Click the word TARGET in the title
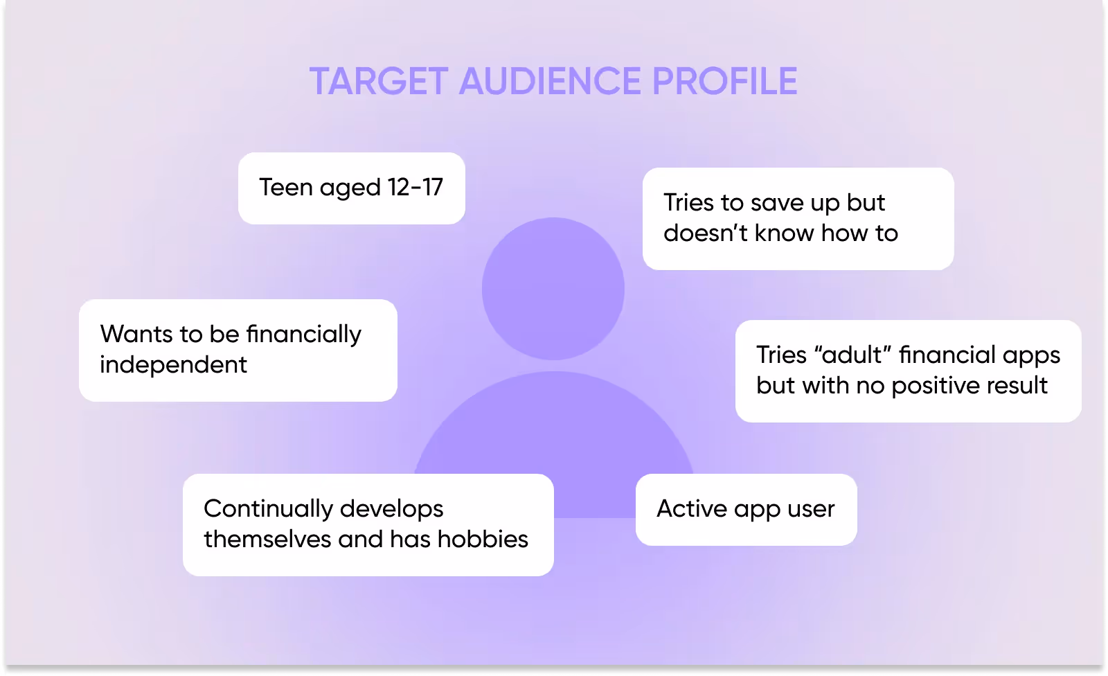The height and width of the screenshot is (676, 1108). tap(379, 82)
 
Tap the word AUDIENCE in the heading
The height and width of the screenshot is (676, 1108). tap(551, 82)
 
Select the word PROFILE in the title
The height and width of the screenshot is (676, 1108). tap(724, 82)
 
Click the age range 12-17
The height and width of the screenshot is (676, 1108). tap(415, 187)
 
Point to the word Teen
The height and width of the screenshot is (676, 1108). tap(286, 187)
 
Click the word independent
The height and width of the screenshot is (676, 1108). tap(173, 364)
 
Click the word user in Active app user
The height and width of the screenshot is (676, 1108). tap(811, 508)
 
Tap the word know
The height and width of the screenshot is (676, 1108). tap(784, 233)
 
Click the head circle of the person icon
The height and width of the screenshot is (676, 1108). tap(553, 288)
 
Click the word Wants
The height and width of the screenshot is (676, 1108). tap(136, 334)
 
